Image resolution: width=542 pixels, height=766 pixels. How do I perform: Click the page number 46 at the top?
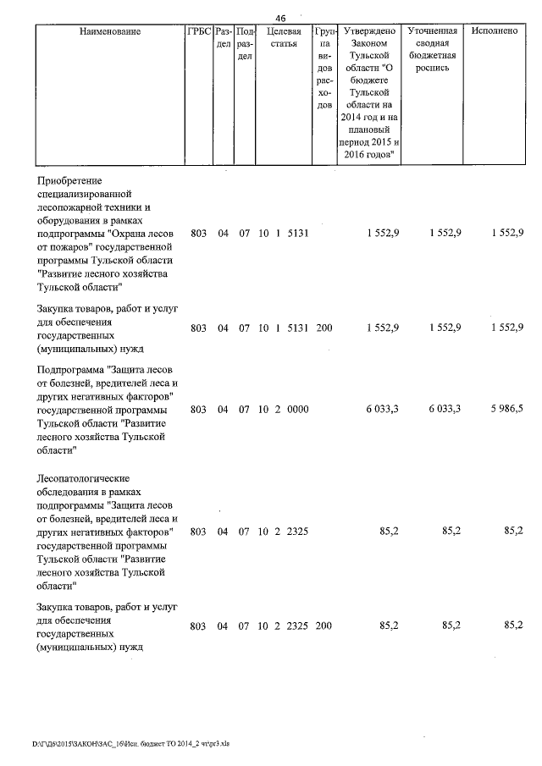(x=280, y=18)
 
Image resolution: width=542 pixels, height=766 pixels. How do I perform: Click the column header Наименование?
(x=109, y=31)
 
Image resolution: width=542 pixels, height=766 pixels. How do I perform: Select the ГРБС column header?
(x=198, y=31)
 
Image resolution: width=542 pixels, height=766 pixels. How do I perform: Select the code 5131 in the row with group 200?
(x=299, y=327)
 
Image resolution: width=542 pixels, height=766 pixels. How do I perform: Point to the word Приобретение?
(x=69, y=181)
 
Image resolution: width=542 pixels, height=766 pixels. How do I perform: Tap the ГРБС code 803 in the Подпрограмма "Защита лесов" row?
(x=198, y=409)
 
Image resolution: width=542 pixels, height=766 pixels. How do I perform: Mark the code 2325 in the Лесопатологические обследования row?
(x=299, y=532)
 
